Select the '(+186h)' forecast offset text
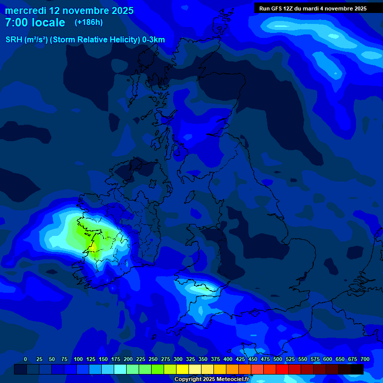(x=88, y=22)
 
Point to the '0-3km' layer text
(x=153, y=40)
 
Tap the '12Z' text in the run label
(x=290, y=8)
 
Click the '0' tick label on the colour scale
(x=25, y=359)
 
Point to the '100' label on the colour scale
(x=78, y=359)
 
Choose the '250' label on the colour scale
(x=153, y=359)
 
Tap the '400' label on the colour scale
(x=228, y=359)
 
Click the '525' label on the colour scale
(x=290, y=359)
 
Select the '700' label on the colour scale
(x=365, y=359)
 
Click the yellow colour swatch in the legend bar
(x=183, y=370)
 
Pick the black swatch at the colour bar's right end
(x=357, y=370)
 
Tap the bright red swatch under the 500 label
(x=270, y=370)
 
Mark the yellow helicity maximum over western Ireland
(x=93, y=246)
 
